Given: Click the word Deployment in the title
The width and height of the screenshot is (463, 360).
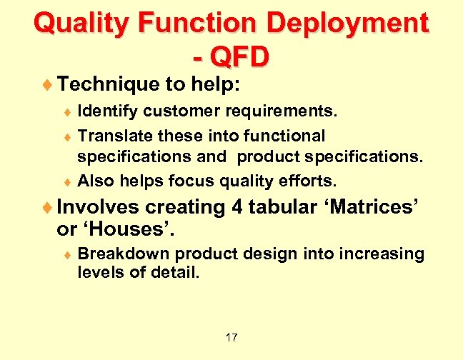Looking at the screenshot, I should click(x=347, y=24).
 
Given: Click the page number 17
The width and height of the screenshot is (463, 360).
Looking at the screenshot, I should click(x=231, y=337).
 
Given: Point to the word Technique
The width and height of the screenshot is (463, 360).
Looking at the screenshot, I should click(x=107, y=85).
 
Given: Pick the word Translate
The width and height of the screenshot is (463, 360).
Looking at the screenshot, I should click(x=111, y=136).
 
